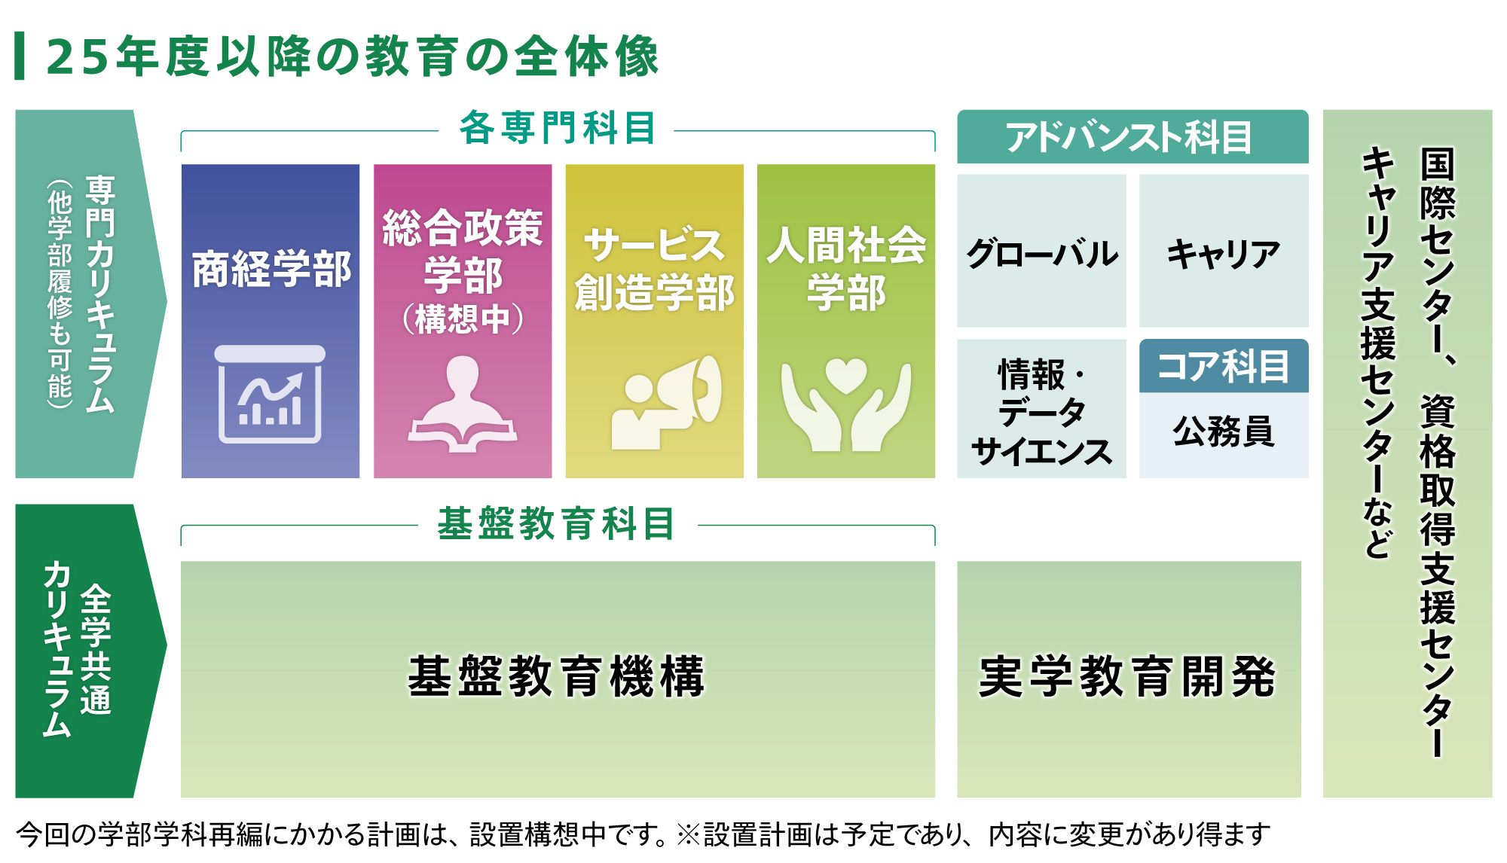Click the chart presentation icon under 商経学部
[270, 394]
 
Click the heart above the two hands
[846, 375]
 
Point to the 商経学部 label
[271, 269]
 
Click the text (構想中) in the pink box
[463, 319]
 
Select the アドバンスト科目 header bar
[1133, 136]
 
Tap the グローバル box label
[1042, 253]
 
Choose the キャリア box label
[1224, 253]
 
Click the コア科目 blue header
[1224, 366]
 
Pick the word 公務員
[1224, 431]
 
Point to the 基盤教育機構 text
[557, 676]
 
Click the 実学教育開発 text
[1128, 676]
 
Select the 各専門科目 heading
[558, 127]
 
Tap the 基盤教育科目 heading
[557, 523]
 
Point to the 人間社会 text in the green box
[846, 245]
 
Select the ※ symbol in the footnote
[689, 834]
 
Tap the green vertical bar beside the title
[20, 56]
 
